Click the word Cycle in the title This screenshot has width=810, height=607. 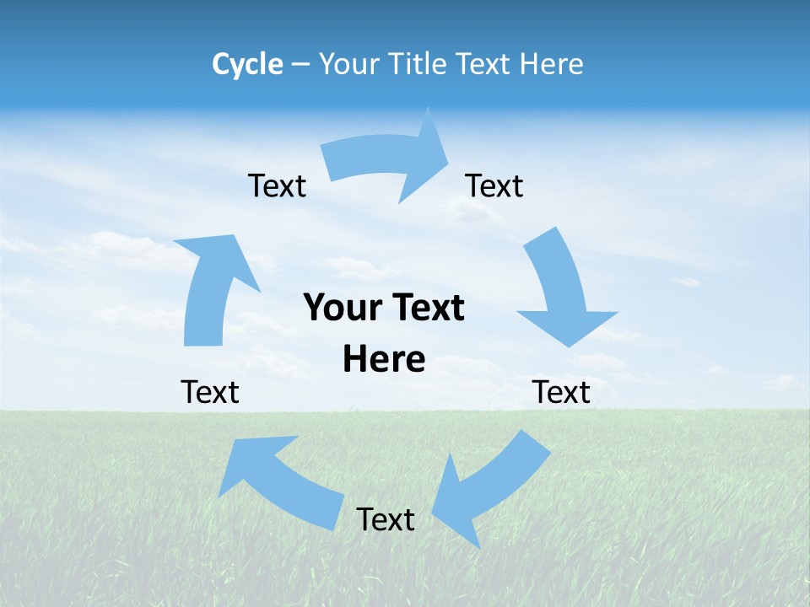click(247, 64)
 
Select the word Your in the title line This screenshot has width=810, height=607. click(348, 64)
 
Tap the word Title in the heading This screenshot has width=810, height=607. click(419, 64)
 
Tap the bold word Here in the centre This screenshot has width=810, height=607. click(384, 359)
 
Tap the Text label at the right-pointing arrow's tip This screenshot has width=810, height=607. click(494, 185)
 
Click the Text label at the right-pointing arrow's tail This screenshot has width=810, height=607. click(277, 185)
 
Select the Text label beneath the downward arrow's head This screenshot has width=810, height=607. click(561, 392)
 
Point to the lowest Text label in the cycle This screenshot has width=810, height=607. click(386, 519)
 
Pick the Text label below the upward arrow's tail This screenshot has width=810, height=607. click(210, 392)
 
